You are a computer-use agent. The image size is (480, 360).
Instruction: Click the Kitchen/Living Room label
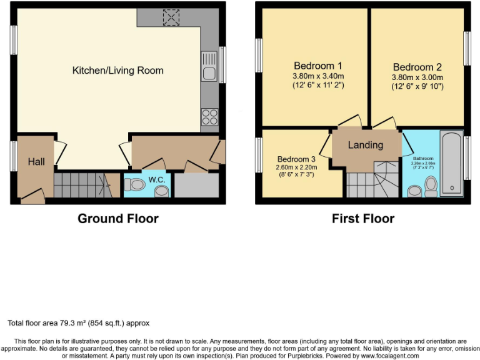(117, 71)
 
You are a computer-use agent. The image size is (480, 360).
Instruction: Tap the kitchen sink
(208, 68)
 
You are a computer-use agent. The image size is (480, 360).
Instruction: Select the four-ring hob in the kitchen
(208, 116)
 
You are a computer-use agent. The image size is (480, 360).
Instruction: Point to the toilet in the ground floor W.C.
(133, 184)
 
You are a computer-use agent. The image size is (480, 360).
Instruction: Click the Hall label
(36, 162)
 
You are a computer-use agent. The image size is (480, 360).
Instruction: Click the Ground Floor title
(117, 219)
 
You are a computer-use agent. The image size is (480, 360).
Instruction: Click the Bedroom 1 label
(317, 65)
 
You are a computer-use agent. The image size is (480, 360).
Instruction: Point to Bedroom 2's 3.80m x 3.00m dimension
(417, 77)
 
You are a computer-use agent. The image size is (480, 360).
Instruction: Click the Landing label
(365, 145)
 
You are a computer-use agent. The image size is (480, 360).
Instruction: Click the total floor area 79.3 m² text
(78, 323)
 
